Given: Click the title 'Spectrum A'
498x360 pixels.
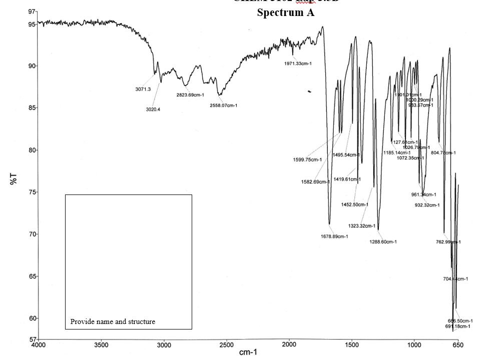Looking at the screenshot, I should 285,12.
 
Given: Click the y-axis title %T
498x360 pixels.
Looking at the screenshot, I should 14,178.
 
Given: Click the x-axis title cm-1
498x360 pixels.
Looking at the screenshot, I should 248,352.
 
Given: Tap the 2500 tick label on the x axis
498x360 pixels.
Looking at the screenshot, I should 226,344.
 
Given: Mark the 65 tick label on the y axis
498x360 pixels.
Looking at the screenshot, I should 32,276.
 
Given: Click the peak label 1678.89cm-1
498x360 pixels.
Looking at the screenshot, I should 334,236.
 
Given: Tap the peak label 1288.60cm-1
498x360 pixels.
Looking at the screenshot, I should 383,242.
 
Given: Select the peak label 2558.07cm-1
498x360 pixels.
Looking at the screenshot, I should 223,105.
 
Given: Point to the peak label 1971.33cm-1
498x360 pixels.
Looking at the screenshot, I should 298,63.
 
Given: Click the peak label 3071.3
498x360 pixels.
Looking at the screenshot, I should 143,89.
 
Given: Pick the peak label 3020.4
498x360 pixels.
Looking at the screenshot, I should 153,109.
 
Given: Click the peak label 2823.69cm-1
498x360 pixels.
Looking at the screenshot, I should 190,95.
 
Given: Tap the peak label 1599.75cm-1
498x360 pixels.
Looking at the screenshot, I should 307,160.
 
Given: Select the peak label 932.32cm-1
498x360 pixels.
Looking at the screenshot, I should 427,205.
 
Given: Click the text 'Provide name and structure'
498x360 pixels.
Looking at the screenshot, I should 113,321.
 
